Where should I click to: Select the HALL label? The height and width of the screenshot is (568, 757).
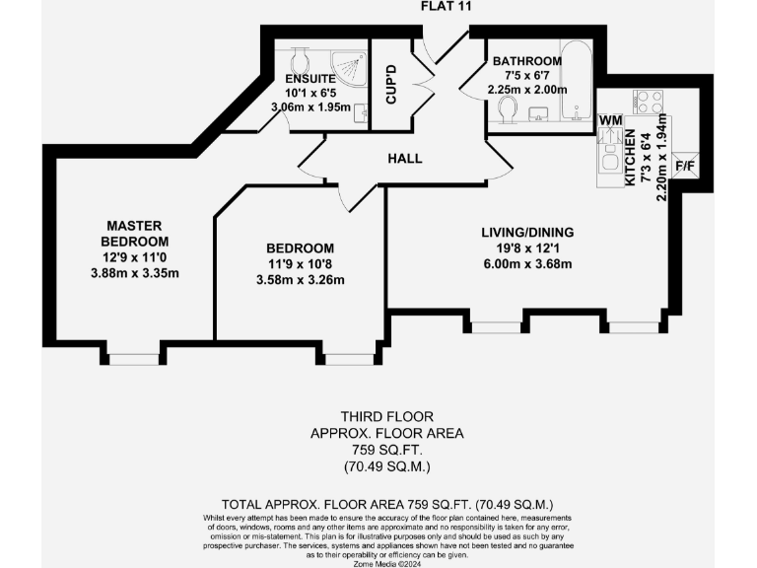click(404, 158)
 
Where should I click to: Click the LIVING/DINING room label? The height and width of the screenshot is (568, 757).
click(526, 233)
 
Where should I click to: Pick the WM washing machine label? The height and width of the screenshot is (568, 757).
click(610, 119)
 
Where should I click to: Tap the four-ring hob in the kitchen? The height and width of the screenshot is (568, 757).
click(649, 102)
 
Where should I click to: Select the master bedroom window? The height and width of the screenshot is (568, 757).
click(133, 358)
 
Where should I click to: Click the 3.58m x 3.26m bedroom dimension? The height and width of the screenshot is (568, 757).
click(299, 279)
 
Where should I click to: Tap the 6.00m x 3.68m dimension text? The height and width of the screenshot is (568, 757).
click(526, 263)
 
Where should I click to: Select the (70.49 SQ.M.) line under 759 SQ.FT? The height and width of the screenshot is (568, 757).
click(386, 464)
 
